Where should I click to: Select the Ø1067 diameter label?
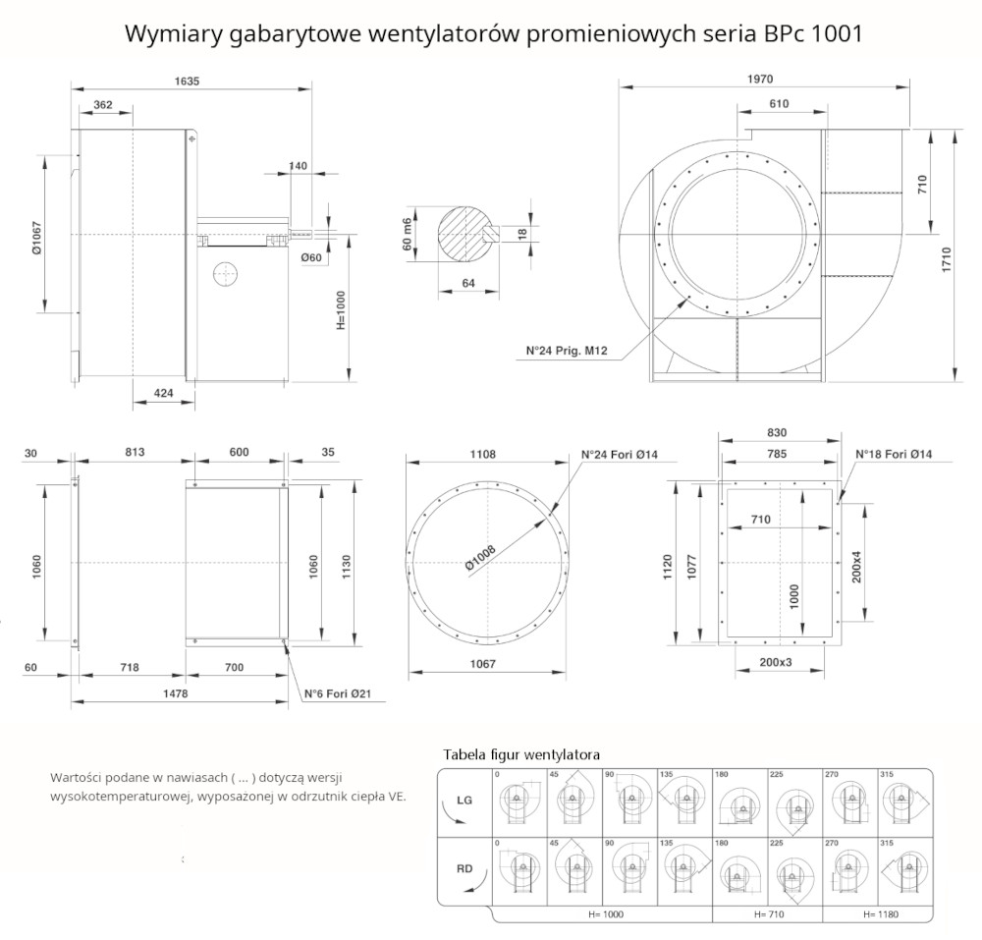[x=35, y=236]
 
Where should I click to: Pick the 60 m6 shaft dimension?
[x=406, y=234]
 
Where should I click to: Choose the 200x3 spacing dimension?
[x=776, y=662]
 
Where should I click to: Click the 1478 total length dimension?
[x=174, y=693]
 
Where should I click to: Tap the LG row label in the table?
[x=464, y=801]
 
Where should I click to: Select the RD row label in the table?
[x=464, y=868]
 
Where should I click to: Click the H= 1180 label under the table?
[x=880, y=913]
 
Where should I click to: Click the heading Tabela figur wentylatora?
[x=521, y=754]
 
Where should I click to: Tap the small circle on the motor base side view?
[x=225, y=273]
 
